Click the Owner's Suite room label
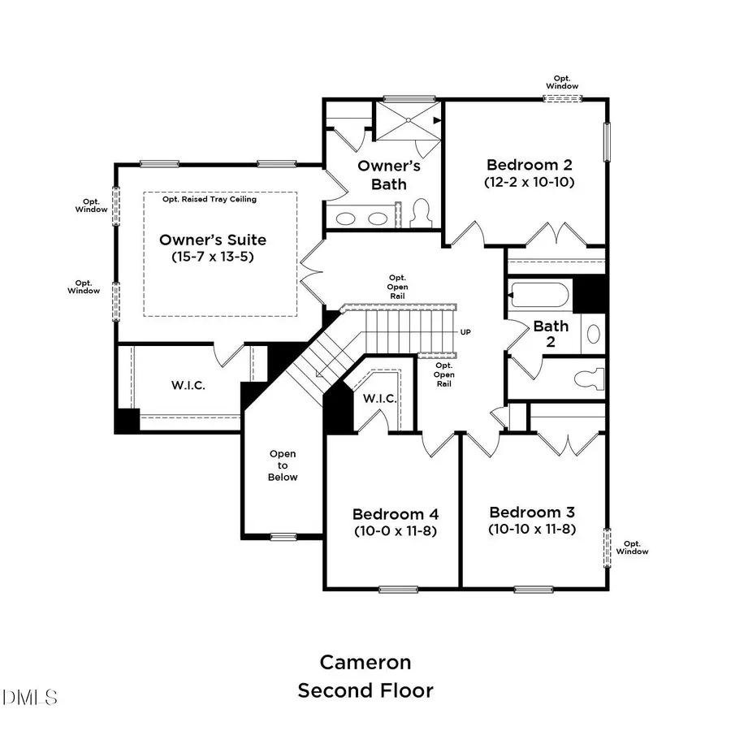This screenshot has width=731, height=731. point(213,240)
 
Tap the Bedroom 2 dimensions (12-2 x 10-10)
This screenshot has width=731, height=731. point(529,183)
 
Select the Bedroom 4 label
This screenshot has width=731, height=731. point(396,514)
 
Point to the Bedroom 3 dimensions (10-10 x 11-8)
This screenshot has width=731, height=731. point(532,529)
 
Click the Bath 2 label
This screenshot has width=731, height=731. point(551,334)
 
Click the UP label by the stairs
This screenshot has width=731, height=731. point(466,332)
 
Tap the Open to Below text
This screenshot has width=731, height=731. point(283,465)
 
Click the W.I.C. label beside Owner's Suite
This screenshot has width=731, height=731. point(188,385)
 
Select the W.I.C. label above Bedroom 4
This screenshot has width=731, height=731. point(379,398)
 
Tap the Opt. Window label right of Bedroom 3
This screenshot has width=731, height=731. point(632,547)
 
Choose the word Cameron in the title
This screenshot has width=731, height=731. point(365,662)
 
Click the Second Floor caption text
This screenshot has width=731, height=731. point(365,691)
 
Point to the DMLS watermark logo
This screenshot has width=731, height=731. point(30,697)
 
